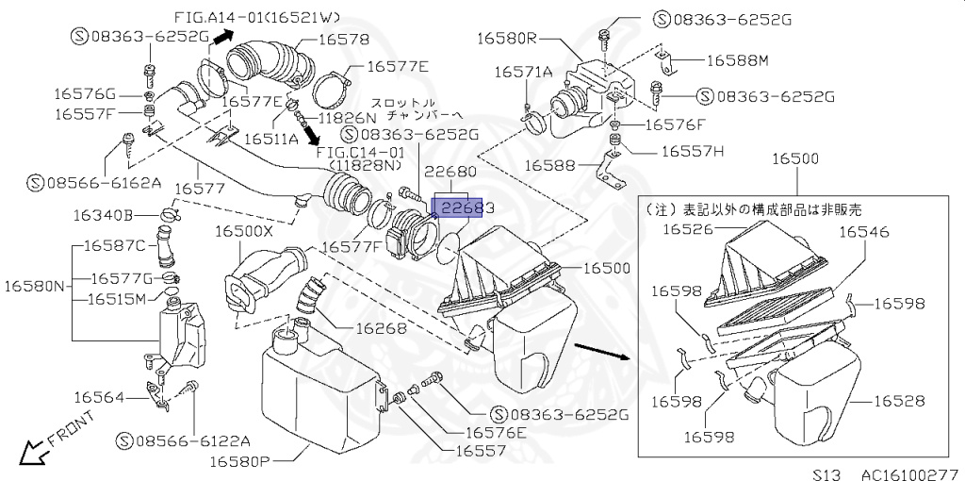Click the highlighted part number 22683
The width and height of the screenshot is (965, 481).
click(457, 207)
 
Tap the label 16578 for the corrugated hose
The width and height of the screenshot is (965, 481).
click(343, 40)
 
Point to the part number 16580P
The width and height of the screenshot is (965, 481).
click(239, 462)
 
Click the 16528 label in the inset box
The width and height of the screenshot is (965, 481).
click(898, 401)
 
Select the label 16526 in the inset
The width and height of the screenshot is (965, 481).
click(689, 228)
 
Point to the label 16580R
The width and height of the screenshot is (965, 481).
click(506, 39)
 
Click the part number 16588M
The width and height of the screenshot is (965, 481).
click(737, 60)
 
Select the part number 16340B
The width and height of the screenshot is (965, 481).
click(103, 215)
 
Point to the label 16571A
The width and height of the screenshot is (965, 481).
click(524, 72)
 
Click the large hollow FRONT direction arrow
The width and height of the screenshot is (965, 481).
click(32, 454)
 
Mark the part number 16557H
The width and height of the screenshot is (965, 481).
click(692, 150)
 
